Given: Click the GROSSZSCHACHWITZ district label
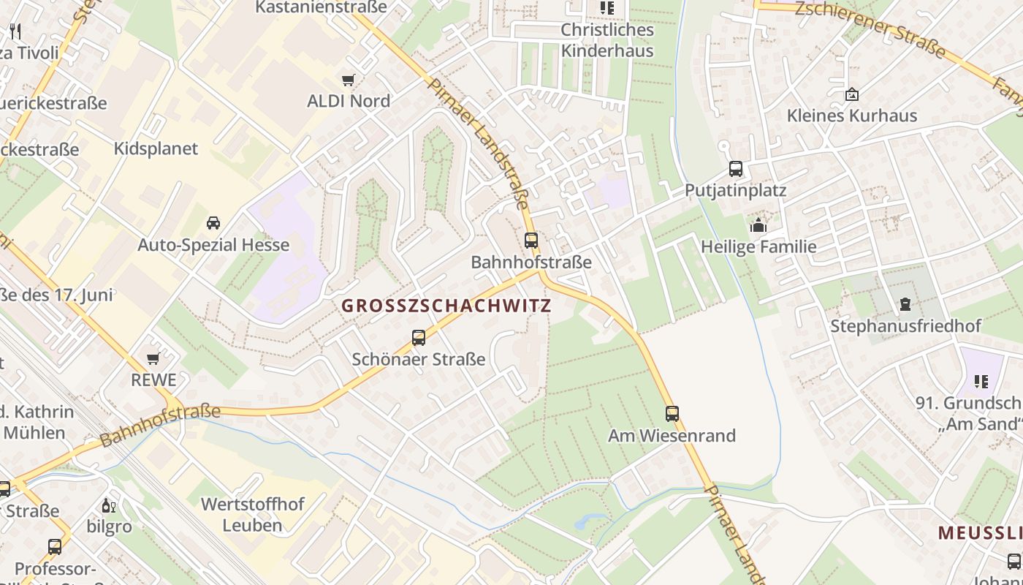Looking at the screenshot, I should pos(446,306).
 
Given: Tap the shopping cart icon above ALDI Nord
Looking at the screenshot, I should pos(349,80).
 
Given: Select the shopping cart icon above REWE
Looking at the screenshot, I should pos(153,358).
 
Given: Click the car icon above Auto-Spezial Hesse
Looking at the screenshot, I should pos(213,223).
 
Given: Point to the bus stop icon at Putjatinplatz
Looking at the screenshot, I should pos(736,169).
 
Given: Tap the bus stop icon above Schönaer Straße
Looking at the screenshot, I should pos(419,338).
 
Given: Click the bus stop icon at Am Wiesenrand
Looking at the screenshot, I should pos(672,414).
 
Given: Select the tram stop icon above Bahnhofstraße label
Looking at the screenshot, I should pos(531,240).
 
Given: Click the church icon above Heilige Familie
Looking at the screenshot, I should pos(758,225).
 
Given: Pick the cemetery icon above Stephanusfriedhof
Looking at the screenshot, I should pos(905,304).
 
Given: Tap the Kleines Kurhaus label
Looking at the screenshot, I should pos(851,116).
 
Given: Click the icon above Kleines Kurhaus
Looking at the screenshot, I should pos(851,94).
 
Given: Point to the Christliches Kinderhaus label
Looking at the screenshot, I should pos(606,40).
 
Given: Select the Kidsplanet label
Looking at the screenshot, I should pos(156,148).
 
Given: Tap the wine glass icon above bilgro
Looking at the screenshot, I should pos(109,505).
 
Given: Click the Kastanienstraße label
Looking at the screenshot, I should pos(321,7).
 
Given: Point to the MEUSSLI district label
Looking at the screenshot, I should pos(979,533).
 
